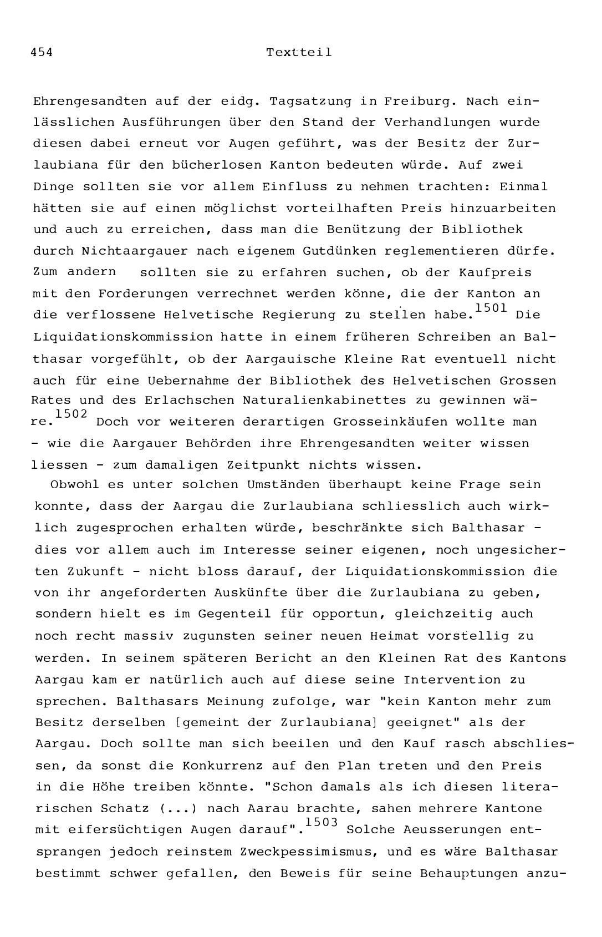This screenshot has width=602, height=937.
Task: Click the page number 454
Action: pyautogui.click(x=42, y=53)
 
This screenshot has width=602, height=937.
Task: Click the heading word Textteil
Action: pyautogui.click(x=299, y=53)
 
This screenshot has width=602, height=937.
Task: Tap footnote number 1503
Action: pyautogui.click(x=321, y=823)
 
